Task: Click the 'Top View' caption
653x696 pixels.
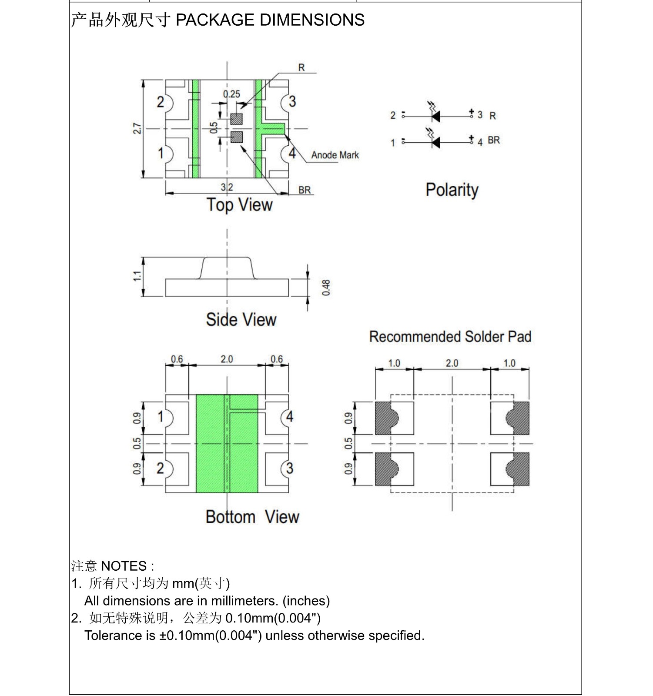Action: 239,205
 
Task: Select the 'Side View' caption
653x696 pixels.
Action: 241,320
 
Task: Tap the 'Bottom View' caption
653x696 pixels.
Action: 252,517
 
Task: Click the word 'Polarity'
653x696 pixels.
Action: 452,190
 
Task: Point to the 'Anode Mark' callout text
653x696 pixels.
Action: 335,155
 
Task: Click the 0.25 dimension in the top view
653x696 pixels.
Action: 231,94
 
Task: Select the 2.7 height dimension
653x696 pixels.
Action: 137,129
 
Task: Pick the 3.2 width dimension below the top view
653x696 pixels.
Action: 227,187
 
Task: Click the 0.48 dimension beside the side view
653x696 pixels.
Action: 326,288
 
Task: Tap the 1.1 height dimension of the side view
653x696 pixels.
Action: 137,276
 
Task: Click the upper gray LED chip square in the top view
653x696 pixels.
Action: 236,119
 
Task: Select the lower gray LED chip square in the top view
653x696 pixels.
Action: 236,137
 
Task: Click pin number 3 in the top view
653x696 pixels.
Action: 292,102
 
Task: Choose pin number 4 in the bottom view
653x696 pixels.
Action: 290,417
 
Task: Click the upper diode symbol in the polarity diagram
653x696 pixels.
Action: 435,116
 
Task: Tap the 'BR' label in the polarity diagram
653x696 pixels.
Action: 494,140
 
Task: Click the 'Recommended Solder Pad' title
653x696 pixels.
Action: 450,337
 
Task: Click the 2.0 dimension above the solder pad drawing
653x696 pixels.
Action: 452,363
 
